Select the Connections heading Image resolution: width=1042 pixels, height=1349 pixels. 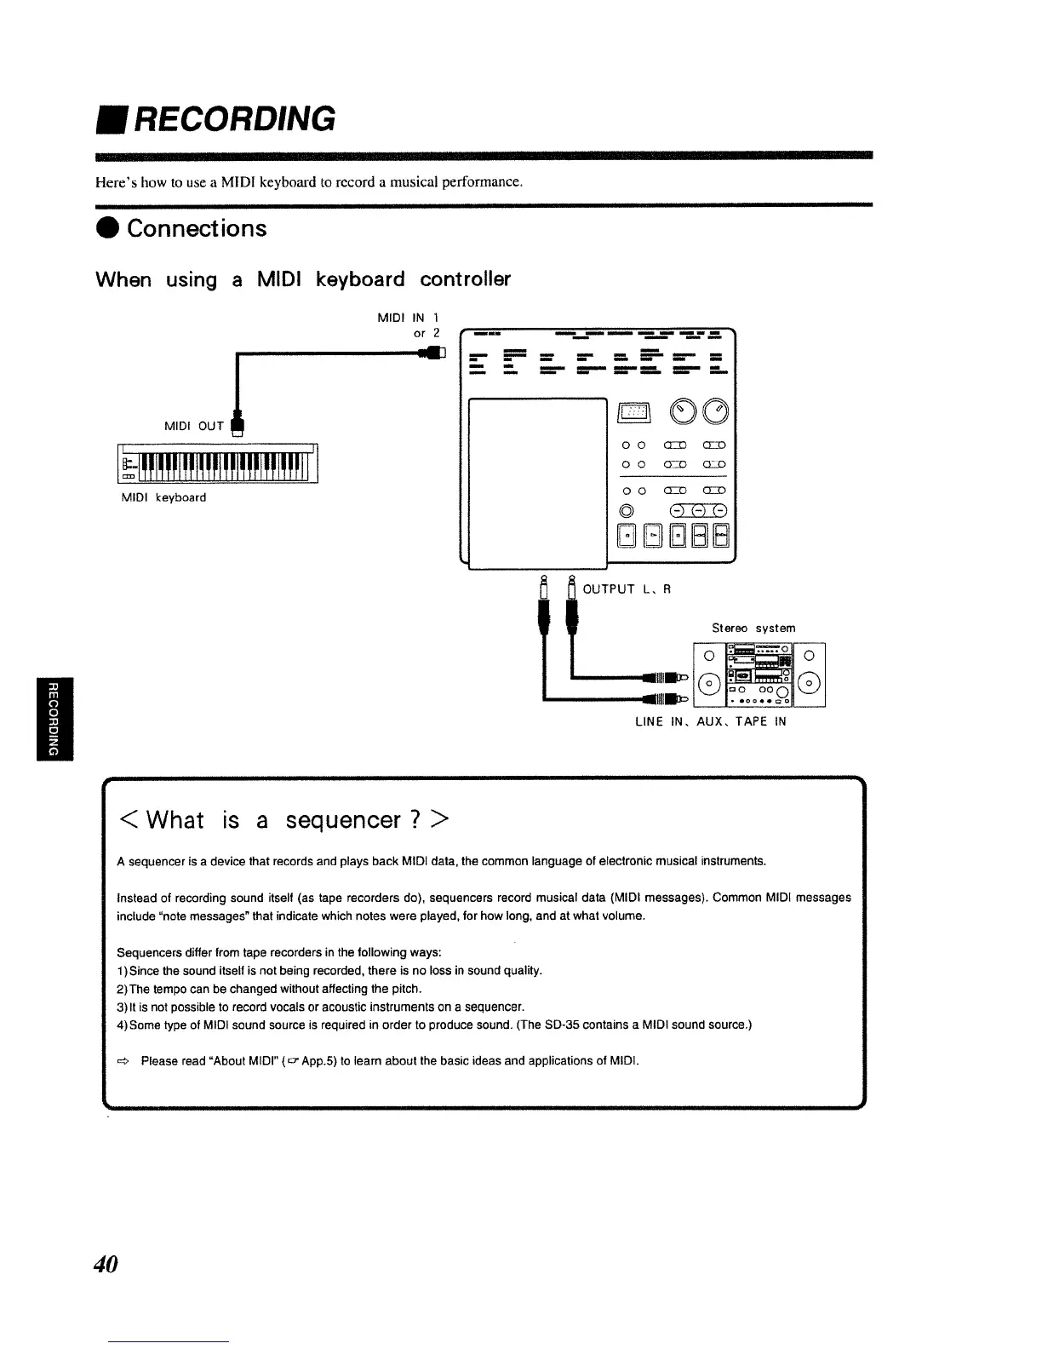click(197, 228)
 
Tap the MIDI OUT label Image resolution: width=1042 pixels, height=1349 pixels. click(194, 426)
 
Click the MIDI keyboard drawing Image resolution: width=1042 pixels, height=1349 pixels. click(219, 465)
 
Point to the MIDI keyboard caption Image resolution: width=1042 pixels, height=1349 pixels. click(163, 497)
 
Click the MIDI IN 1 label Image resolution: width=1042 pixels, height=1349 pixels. click(408, 318)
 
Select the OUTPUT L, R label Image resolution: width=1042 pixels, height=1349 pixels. click(627, 588)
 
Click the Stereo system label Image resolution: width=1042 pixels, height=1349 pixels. click(753, 628)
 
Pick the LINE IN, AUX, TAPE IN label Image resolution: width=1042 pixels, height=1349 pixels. click(711, 721)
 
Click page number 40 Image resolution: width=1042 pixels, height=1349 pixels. click(106, 1264)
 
